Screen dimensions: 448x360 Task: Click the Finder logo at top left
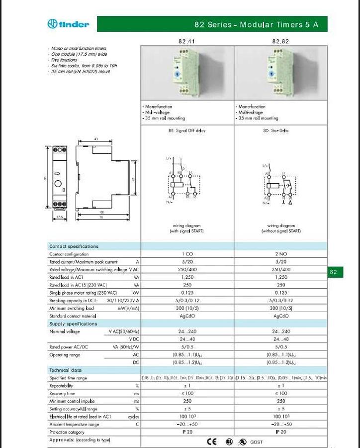[x=68, y=24]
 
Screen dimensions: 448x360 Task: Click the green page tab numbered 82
[x=333, y=272]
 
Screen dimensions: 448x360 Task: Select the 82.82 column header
[x=280, y=41]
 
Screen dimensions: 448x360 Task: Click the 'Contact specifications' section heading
[x=74, y=246]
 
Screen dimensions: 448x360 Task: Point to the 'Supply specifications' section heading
[x=73, y=324]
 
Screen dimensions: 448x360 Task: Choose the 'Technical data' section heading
[x=65, y=370]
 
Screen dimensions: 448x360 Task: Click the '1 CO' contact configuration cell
[x=187, y=254]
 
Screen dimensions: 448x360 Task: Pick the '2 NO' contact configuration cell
[x=281, y=254]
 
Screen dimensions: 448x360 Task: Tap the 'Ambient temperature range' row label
[x=74, y=425]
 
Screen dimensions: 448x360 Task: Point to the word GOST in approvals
[x=257, y=442]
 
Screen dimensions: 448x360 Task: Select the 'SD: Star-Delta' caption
[x=281, y=131]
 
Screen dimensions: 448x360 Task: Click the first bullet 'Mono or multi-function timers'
[x=80, y=49]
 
